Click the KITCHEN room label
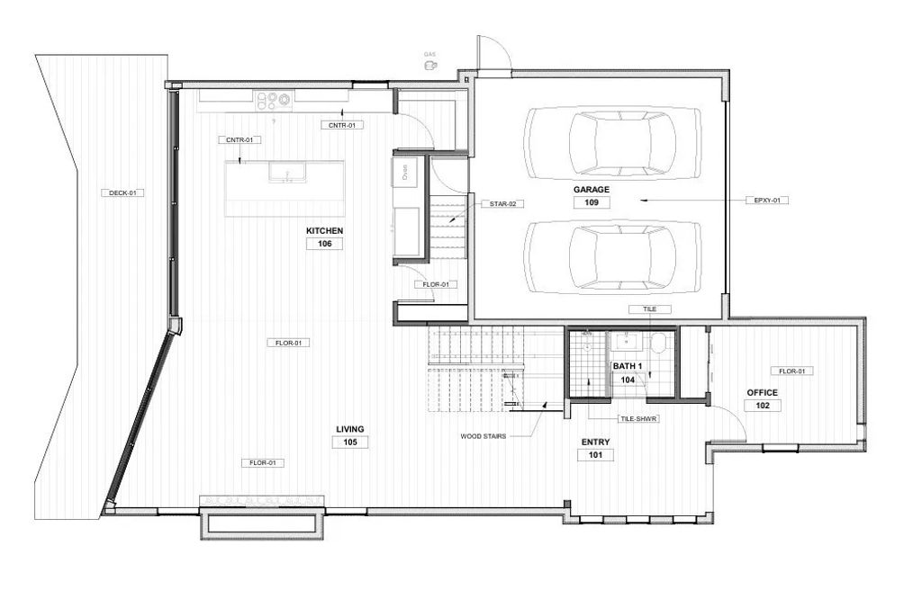pos(324,231)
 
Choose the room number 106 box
pos(324,244)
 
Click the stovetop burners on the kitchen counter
pos(274,99)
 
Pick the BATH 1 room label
pos(628,367)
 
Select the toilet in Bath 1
pos(657,342)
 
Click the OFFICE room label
pos(762,393)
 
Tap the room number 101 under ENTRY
pos(595,455)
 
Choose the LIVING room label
pos(349,429)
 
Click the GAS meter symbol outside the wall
pos(431,65)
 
